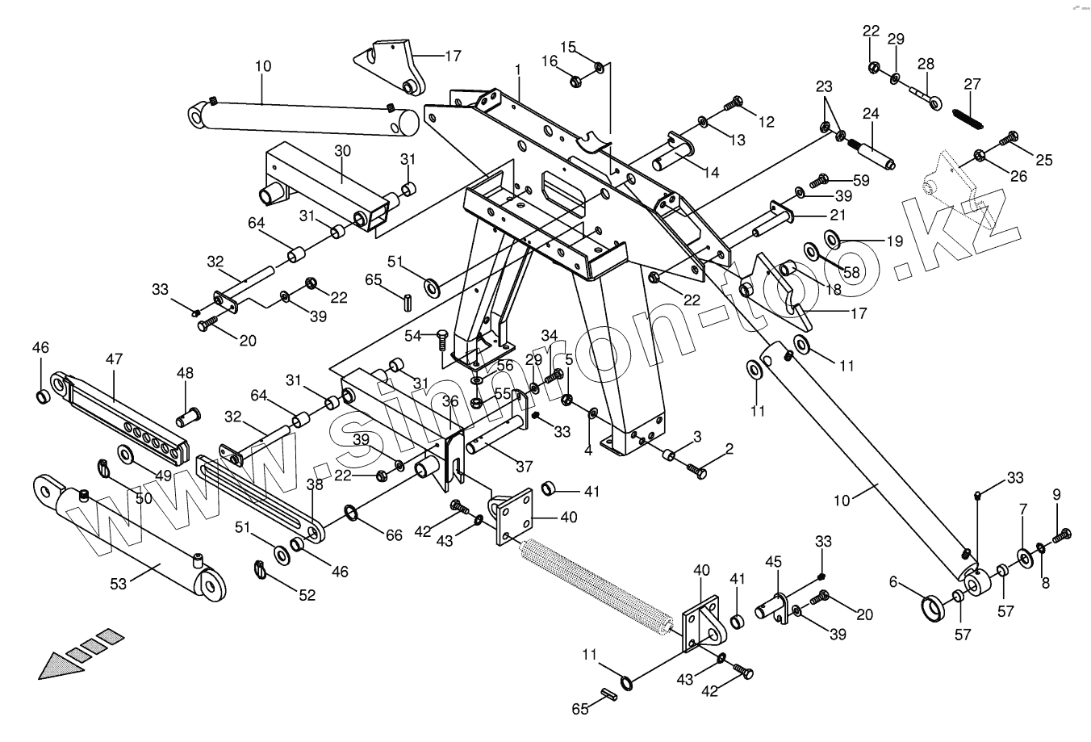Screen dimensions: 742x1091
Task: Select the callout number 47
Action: (x=113, y=358)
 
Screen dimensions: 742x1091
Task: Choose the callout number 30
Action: (x=343, y=151)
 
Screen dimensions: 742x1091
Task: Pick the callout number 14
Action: (x=710, y=171)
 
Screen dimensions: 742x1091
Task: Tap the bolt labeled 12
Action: (x=734, y=103)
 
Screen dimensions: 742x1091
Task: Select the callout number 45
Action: (x=773, y=560)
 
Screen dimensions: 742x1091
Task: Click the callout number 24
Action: (x=871, y=114)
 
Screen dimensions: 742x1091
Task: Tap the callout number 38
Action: (x=314, y=485)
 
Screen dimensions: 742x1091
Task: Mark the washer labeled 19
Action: (x=830, y=237)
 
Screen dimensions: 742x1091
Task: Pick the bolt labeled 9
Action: (x=1063, y=532)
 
